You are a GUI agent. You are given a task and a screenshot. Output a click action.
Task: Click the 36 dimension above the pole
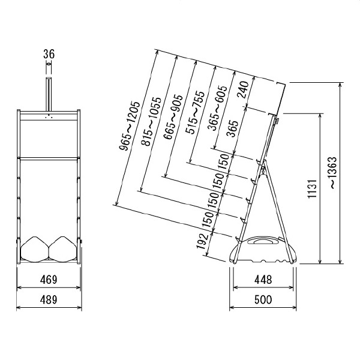[49, 54]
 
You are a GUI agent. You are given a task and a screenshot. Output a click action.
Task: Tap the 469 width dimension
[49, 280]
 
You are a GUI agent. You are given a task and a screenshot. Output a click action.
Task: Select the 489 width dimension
[49, 299]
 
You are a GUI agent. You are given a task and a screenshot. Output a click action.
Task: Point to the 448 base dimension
[263, 280]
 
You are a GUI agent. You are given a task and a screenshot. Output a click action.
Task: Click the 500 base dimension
[263, 299]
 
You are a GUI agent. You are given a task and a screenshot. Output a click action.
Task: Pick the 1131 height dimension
[313, 189]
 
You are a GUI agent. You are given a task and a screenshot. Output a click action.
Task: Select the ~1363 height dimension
[333, 173]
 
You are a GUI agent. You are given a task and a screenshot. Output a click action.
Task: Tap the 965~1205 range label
[130, 126]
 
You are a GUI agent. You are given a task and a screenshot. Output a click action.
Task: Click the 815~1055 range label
[151, 121]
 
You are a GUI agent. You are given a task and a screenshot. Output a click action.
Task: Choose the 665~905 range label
[173, 117]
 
